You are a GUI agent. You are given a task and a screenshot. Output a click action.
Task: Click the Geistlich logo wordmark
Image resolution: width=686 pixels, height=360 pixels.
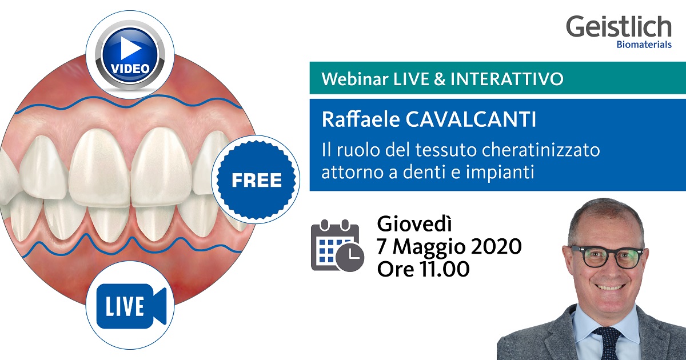pyautogui.click(x=619, y=27)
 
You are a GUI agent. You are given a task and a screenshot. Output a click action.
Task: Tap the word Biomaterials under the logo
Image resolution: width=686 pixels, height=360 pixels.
pyautogui.click(x=644, y=45)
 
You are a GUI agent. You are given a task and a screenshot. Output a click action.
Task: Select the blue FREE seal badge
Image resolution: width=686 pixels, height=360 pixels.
pyautogui.click(x=257, y=181)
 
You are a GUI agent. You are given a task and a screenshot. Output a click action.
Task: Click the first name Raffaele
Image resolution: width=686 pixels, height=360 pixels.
pyautogui.click(x=355, y=121)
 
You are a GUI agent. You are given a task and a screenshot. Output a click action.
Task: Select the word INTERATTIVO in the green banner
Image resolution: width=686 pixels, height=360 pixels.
pyautogui.click(x=506, y=79)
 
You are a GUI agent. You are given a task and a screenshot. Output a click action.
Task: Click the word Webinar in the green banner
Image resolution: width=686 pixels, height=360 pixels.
pyautogui.click(x=347, y=79)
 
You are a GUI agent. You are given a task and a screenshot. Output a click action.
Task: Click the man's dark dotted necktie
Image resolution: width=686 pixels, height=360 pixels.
pyautogui.click(x=607, y=343)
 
